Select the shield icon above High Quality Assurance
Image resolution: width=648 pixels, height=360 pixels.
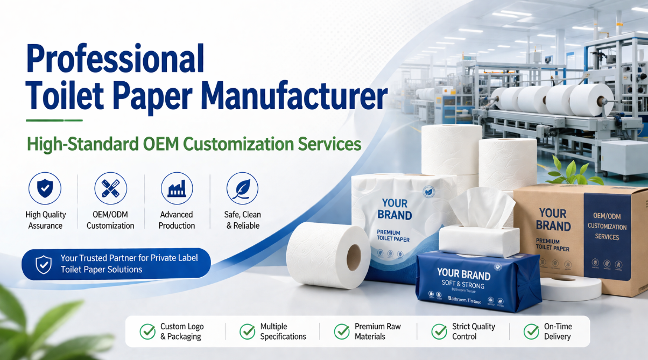point(45,188)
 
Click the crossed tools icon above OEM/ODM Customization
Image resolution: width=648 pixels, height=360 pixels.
point(110,188)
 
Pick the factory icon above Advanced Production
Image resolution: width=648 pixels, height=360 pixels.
point(177,188)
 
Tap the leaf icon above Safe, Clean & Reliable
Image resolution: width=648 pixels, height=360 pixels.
point(242,188)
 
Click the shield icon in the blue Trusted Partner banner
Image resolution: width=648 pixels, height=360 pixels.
point(43,264)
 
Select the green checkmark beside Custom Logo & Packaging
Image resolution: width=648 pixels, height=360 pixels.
point(147,331)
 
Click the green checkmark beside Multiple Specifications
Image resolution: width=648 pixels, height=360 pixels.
point(247,331)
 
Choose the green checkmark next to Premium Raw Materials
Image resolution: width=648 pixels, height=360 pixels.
point(342,331)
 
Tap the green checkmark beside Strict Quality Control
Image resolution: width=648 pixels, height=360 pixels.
point(439,331)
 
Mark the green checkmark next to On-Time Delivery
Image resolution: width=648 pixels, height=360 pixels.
point(531,331)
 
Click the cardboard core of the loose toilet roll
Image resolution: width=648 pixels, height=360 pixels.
point(354,258)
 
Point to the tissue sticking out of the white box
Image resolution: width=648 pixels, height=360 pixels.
point(481,207)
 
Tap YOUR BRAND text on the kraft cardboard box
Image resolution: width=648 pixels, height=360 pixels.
point(553,220)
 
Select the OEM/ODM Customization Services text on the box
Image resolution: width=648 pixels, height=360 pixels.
point(607,226)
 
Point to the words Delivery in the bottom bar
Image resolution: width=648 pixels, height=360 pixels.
point(557,337)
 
